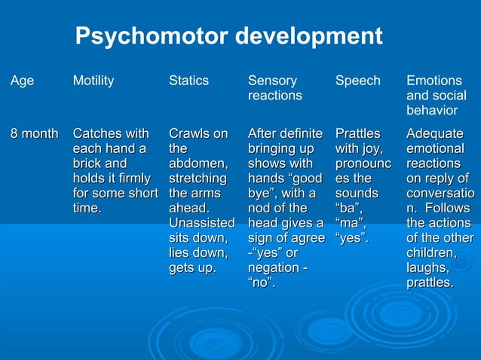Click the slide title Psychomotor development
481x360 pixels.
click(229, 35)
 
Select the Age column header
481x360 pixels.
click(22, 81)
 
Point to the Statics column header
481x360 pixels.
click(188, 81)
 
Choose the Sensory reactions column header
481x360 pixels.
click(274, 88)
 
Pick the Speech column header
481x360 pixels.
click(357, 81)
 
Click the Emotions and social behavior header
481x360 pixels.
click(436, 95)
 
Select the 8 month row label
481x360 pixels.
click(34, 134)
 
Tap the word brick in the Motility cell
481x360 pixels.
click(87, 163)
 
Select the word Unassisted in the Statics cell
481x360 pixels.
click(201, 223)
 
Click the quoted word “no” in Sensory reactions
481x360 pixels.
click(261, 282)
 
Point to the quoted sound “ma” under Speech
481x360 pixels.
click(351, 223)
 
